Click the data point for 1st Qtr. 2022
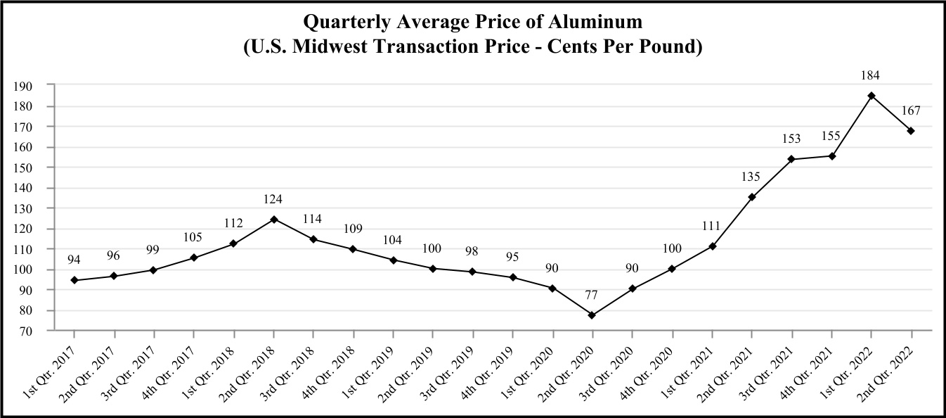(x=872, y=96)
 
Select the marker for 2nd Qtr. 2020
(x=592, y=315)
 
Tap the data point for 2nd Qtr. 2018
(x=273, y=219)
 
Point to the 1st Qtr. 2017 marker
(x=74, y=280)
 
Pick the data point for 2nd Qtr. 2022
(x=911, y=131)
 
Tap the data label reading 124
(x=273, y=198)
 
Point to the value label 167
(x=911, y=110)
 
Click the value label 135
(x=752, y=177)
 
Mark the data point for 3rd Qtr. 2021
(x=791, y=159)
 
